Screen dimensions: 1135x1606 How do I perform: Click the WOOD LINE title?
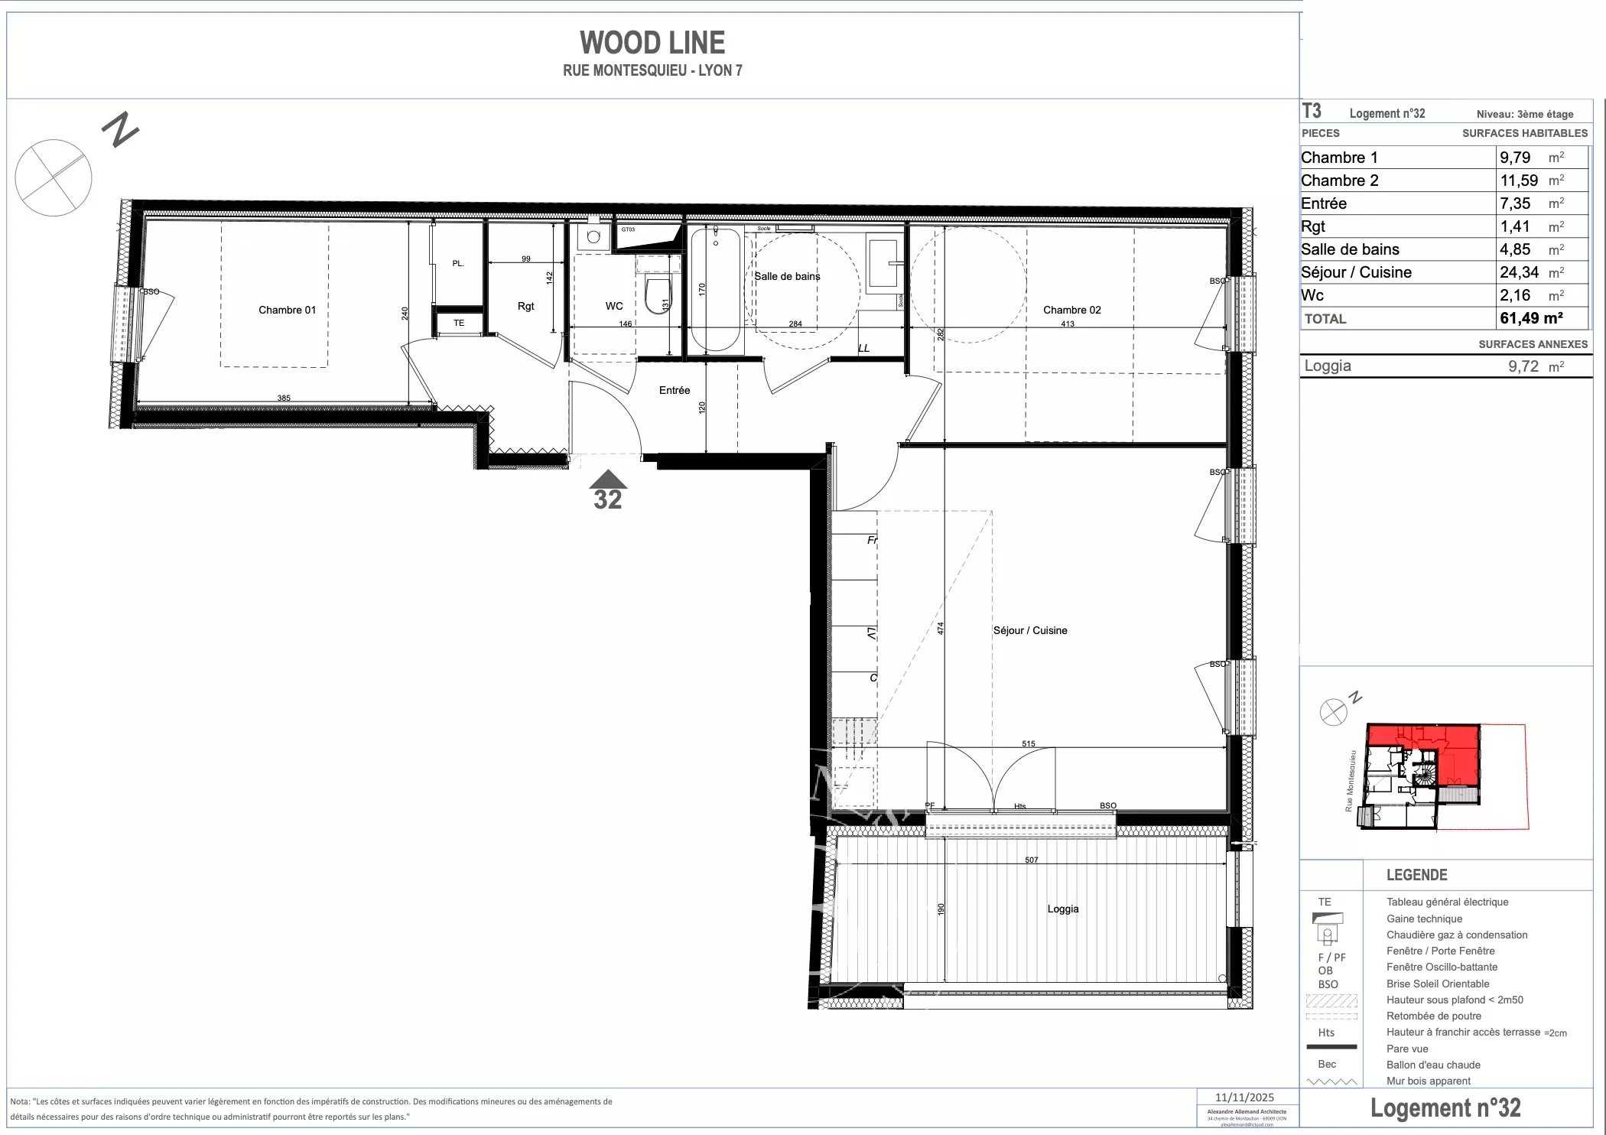pos(652,42)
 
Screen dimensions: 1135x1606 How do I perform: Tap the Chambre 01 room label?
pos(287,310)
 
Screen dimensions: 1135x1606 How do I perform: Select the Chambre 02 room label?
pos(1071,310)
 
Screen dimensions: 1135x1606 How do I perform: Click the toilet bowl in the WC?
pos(656,296)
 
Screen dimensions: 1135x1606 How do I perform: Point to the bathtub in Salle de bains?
pos(716,291)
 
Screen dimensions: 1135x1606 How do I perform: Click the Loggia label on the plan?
pos(1062,909)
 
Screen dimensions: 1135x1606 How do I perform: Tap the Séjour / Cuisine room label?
pos(1029,630)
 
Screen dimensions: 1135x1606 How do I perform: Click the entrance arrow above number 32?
pos(608,480)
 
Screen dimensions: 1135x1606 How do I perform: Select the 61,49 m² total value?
pos(1530,318)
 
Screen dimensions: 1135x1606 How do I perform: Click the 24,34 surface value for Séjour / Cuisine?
pos(1519,272)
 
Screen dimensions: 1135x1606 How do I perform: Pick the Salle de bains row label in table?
pos(1350,249)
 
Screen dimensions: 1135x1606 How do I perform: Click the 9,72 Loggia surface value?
pos(1523,366)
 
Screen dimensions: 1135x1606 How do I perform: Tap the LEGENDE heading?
pos(1416,875)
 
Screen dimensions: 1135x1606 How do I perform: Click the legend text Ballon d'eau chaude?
pos(1433,1065)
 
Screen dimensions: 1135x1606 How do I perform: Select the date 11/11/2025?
pos(1244,1098)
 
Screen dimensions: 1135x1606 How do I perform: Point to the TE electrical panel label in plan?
pos(458,323)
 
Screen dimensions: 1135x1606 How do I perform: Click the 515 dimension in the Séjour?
pos(1028,743)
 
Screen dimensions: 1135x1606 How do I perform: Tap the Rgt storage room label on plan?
pos(525,306)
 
